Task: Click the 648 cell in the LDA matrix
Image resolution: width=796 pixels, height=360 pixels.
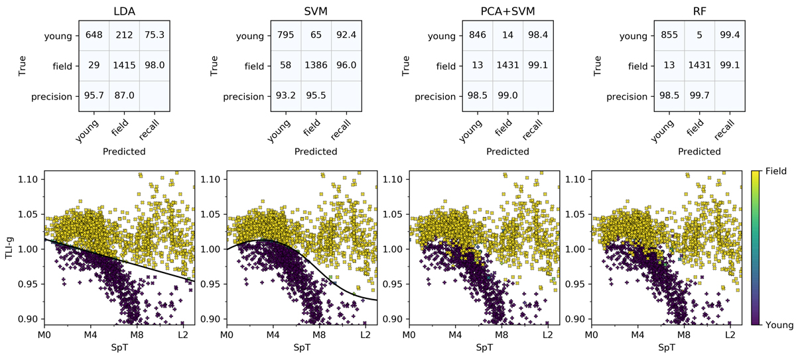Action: pyautogui.click(x=92, y=35)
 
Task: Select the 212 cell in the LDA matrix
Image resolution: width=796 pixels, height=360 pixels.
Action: pyautogui.click(x=125, y=35)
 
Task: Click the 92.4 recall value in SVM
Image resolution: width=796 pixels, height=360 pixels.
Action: pyautogui.click(x=349, y=35)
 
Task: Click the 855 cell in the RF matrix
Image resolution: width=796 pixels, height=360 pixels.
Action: pyautogui.click(x=669, y=35)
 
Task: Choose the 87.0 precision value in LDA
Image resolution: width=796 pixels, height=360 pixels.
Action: pyautogui.click(x=125, y=96)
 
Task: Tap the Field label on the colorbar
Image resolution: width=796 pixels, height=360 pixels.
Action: pyautogui.click(x=779, y=171)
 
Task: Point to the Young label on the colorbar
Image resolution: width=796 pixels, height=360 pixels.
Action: pyautogui.click(x=781, y=325)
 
